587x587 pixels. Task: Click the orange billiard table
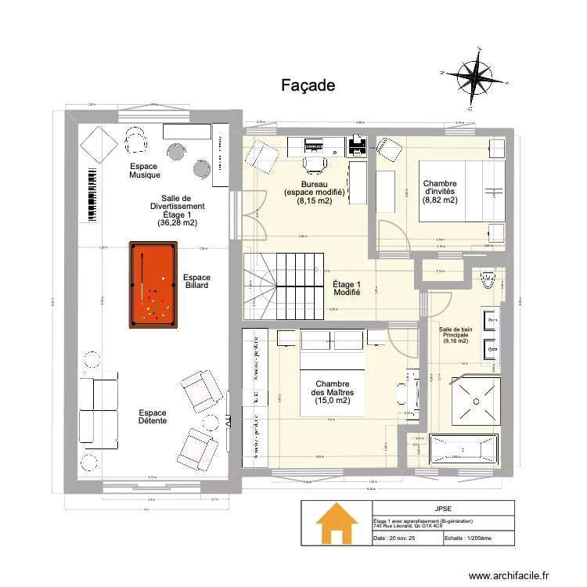click(153, 283)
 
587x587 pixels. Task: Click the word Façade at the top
click(308, 85)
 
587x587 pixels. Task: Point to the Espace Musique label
click(145, 171)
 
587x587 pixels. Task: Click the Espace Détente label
click(152, 417)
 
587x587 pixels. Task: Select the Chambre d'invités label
click(440, 191)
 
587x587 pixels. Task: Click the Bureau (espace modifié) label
click(314, 191)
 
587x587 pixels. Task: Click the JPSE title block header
click(443, 507)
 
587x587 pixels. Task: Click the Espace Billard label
click(196, 283)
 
